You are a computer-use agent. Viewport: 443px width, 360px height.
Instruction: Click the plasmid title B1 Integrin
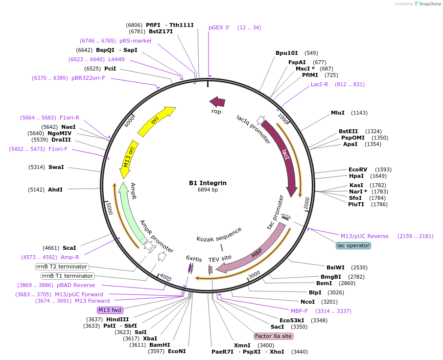coord(208,183)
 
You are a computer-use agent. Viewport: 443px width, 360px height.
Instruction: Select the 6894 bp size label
coord(208,190)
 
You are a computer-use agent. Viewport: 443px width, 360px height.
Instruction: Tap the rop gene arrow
coord(217,102)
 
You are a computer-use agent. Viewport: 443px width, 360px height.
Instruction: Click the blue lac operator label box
coord(353,245)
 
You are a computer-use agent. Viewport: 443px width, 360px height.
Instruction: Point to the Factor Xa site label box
coord(273,336)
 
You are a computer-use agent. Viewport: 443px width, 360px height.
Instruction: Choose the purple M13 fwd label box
coord(110,310)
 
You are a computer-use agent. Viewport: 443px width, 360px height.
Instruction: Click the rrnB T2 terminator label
coord(62,267)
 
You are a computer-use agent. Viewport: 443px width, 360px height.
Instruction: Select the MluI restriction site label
coord(338,113)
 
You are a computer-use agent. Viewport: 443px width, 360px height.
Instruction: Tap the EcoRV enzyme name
coord(358,169)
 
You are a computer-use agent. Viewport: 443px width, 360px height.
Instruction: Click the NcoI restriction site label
coord(307,301)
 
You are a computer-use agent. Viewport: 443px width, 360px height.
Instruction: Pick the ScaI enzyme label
coord(70,248)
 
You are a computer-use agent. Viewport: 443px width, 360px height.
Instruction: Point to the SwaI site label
coord(56,167)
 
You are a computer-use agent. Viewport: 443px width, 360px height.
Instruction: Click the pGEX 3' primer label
coord(219,27)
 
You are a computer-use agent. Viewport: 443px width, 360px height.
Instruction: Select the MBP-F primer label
coord(299,311)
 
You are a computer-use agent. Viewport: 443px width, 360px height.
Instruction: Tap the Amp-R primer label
coord(70,257)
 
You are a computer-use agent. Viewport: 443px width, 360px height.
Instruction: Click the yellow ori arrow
coord(156,121)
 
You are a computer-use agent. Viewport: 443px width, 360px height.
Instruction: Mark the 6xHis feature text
coord(194,259)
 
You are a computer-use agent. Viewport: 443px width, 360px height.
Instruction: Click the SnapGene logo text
coord(428,4)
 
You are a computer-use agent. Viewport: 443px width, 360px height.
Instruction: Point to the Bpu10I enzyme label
coord(286,53)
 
